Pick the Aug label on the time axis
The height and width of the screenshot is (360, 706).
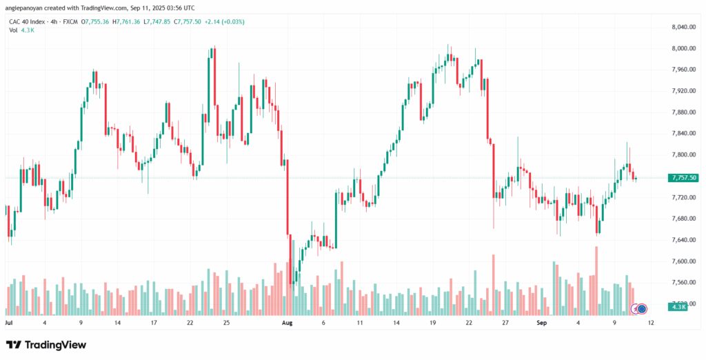[288, 322]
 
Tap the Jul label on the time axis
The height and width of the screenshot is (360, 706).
[9, 322]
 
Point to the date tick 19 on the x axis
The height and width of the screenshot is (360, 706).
[432, 322]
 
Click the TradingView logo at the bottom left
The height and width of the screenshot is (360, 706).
[46, 345]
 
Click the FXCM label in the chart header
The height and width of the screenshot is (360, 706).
[69, 21]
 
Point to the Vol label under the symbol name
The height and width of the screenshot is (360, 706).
[13, 30]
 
